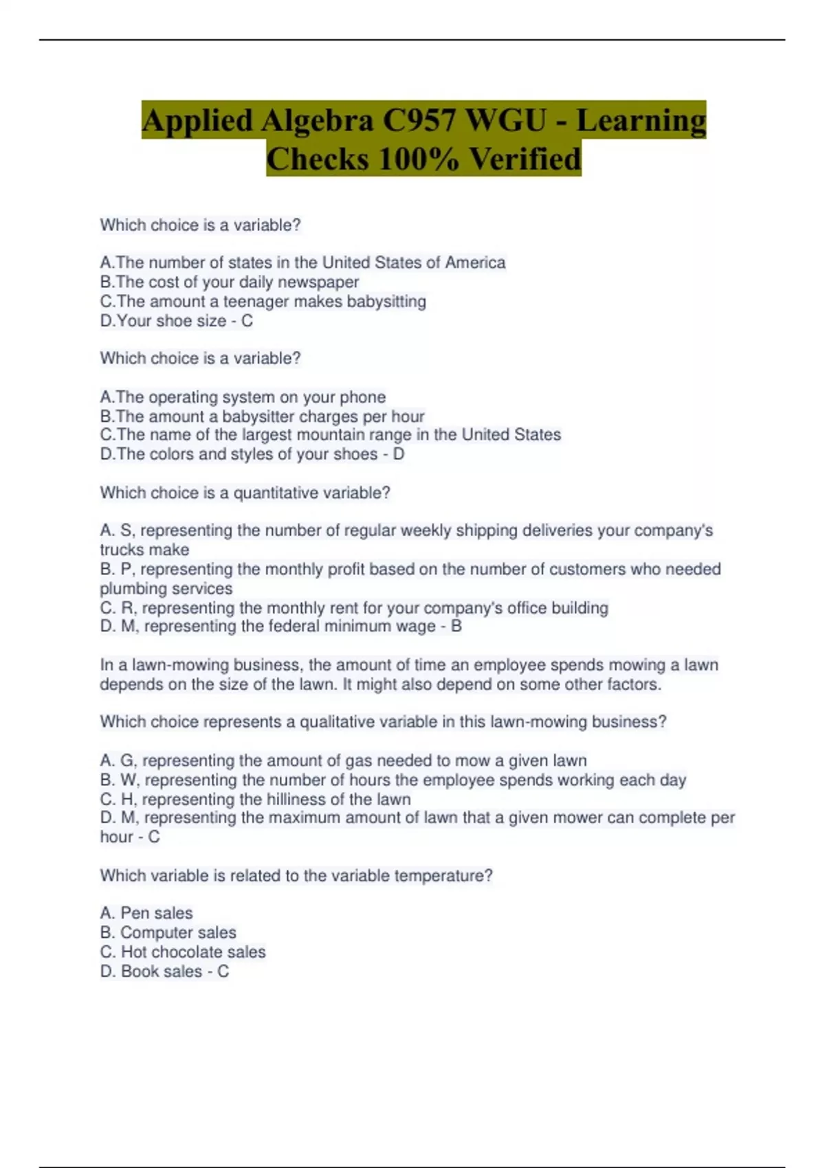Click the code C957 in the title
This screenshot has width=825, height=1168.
419,120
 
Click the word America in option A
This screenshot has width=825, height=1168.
475,262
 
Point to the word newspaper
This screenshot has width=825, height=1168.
318,282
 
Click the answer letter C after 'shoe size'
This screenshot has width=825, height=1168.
247,321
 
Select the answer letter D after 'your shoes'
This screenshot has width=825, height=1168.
398,454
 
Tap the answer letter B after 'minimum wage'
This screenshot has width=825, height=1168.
456,627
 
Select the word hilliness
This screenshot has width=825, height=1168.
296,799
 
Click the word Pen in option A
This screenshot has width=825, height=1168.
134,913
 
